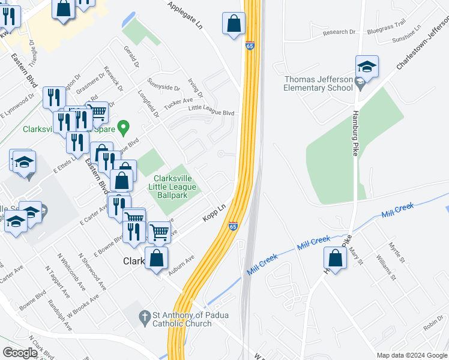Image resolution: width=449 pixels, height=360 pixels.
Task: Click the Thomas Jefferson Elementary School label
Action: pos(318,83)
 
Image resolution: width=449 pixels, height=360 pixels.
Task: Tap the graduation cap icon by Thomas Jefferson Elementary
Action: pos(367,66)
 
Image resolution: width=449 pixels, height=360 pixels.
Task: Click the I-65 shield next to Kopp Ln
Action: pos(233,226)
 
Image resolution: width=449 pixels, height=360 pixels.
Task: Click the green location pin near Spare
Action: pos(124,127)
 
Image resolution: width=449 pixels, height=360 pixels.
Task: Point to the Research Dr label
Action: pos(339,32)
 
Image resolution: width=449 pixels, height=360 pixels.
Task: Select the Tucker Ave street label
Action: pos(178,103)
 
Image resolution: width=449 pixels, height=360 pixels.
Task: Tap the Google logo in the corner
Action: pos(20,353)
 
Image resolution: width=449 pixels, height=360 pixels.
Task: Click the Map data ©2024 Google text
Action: pos(411,355)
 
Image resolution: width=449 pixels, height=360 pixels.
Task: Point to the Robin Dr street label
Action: pos(432,326)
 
